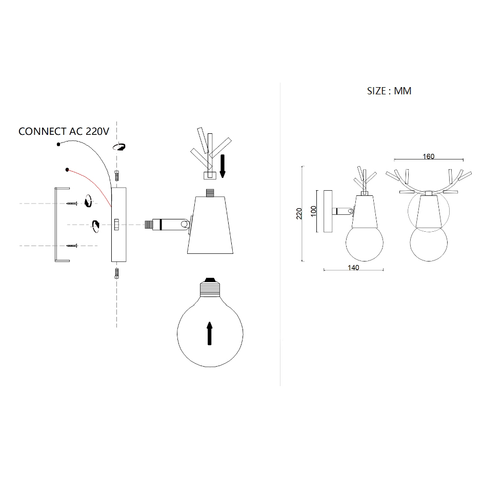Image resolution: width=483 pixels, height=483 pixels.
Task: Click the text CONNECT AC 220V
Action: click(x=64, y=132)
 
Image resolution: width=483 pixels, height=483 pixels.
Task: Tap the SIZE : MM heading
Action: click(x=389, y=91)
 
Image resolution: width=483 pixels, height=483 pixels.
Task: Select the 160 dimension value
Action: click(x=429, y=156)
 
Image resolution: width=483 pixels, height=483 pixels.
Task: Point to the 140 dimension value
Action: click(x=353, y=268)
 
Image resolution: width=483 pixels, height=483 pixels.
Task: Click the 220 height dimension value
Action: click(x=299, y=213)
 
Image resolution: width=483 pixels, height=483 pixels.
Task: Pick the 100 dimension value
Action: click(x=313, y=211)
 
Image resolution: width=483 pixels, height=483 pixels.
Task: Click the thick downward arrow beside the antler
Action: click(x=223, y=166)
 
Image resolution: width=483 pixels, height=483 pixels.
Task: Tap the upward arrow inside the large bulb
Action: click(x=210, y=333)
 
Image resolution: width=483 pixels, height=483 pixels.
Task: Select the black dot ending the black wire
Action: click(x=58, y=144)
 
